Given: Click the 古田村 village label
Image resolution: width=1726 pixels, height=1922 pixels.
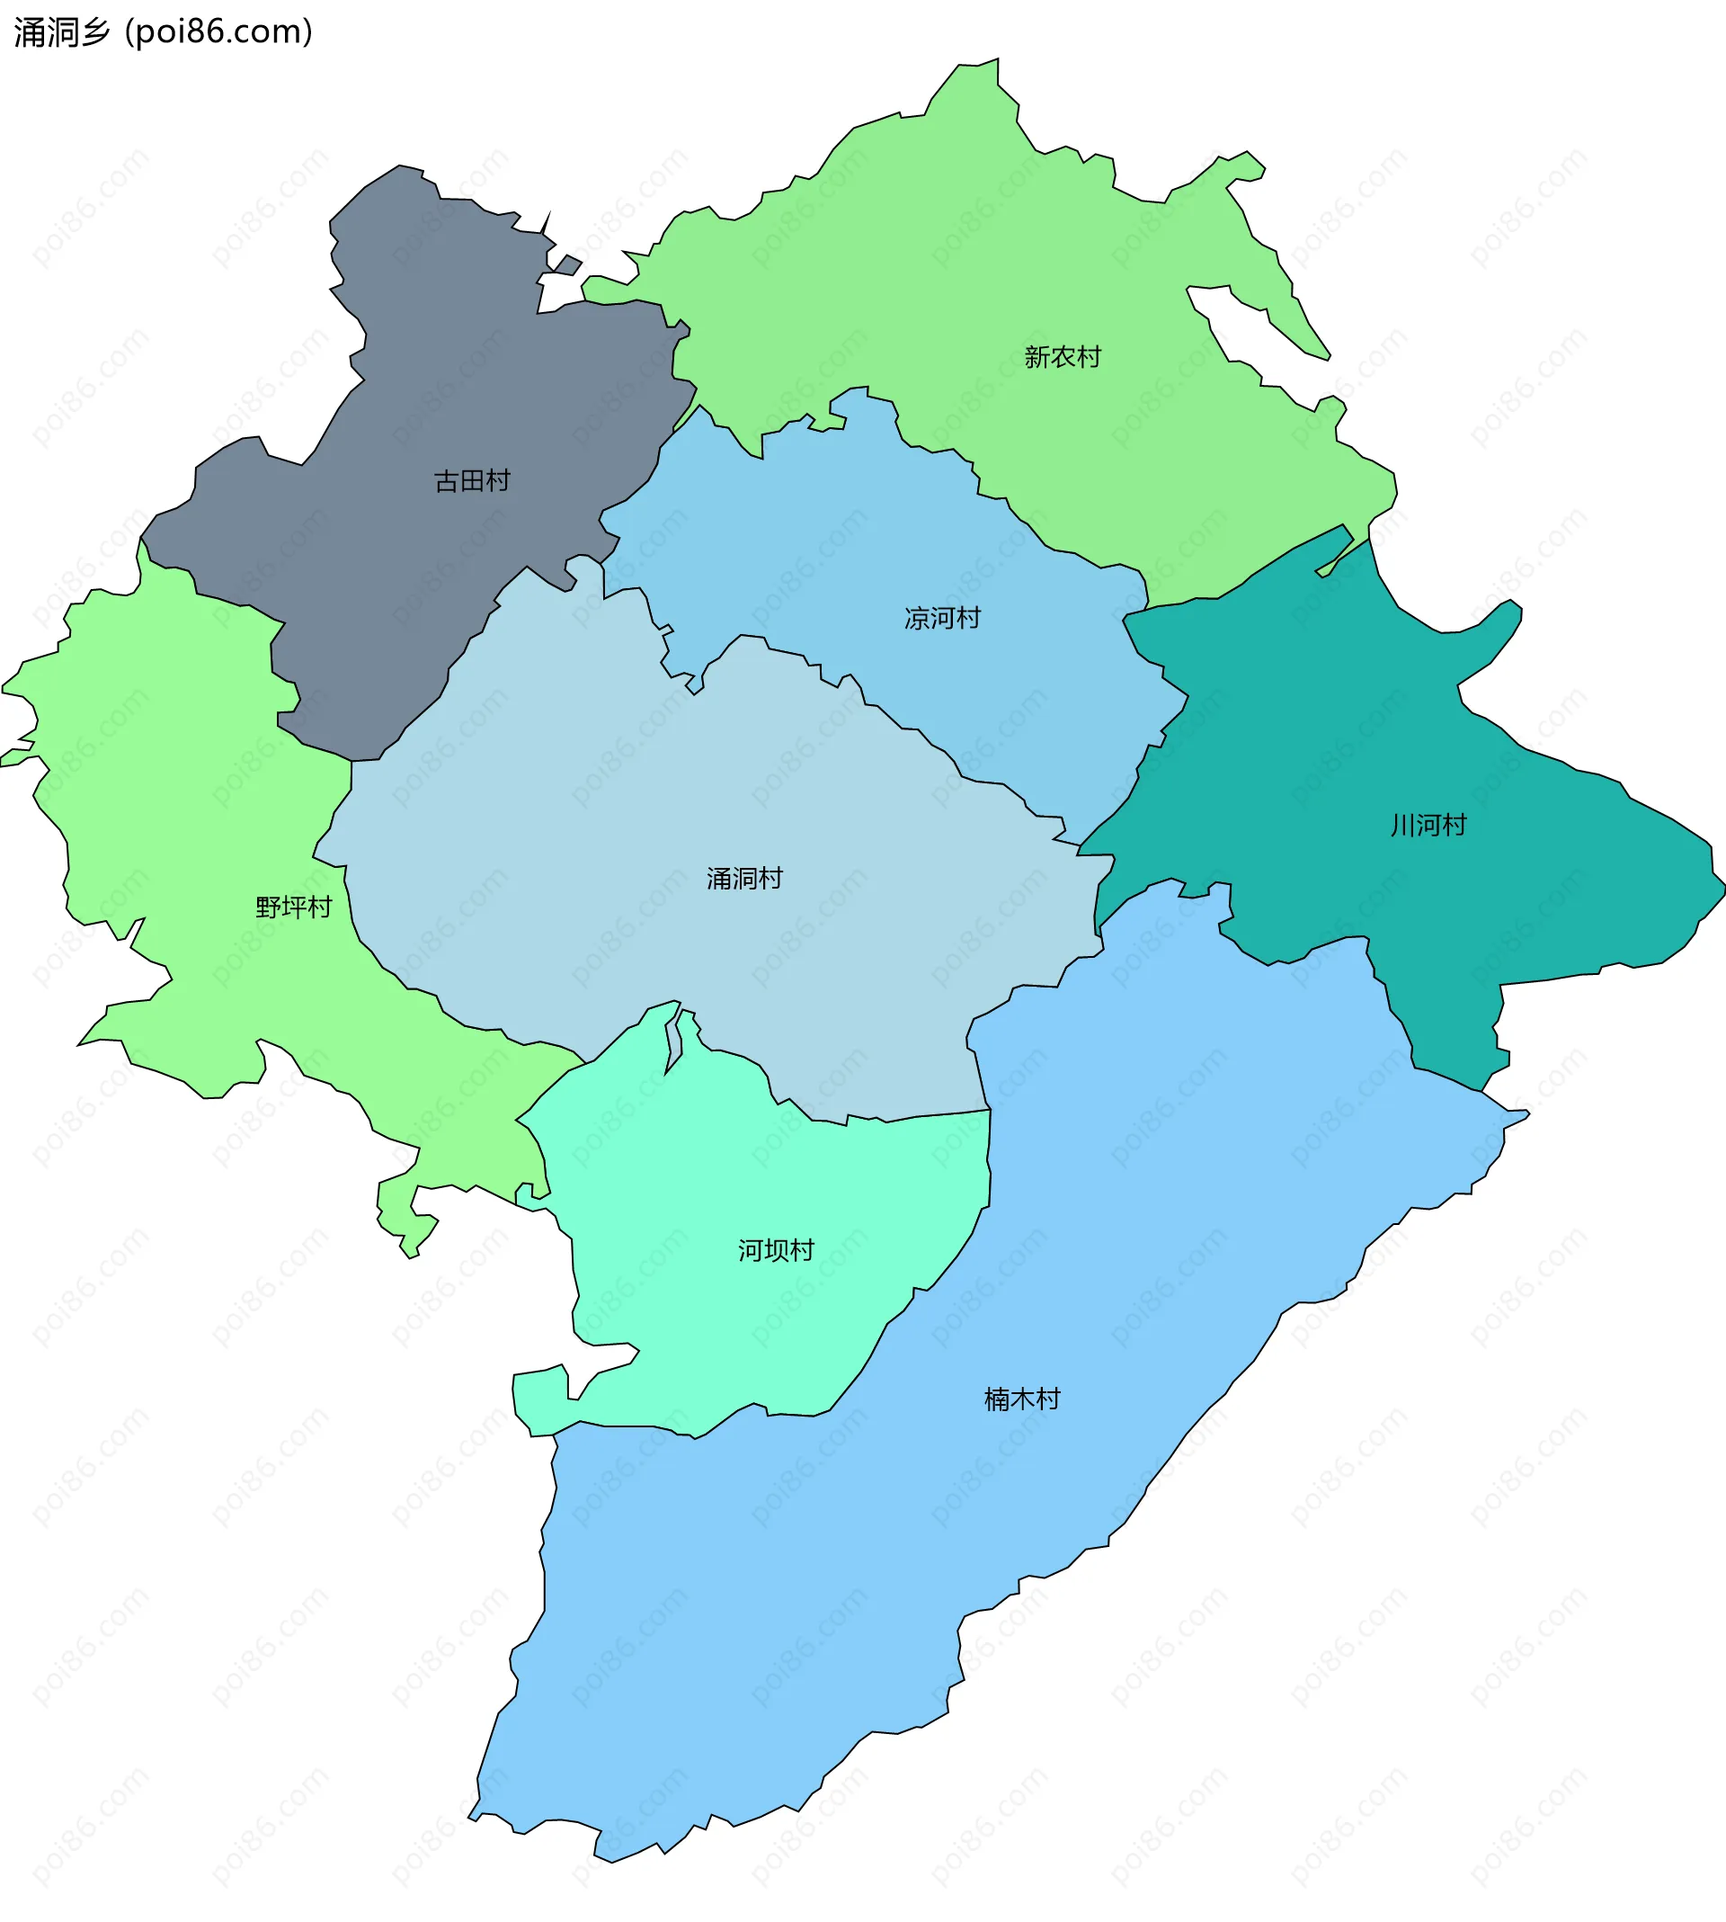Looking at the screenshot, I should [x=472, y=481].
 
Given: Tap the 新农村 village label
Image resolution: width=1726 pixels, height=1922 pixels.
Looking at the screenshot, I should [x=1063, y=357].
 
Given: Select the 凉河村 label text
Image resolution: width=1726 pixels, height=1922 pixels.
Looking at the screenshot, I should [x=942, y=619].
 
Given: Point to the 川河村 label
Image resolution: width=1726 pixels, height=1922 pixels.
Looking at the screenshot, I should [x=1428, y=826].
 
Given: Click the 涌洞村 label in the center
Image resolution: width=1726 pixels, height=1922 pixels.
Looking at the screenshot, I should [x=744, y=879].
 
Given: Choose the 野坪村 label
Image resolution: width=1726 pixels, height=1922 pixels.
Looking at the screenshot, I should [x=294, y=907].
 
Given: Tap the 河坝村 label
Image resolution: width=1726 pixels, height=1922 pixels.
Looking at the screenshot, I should [x=776, y=1250].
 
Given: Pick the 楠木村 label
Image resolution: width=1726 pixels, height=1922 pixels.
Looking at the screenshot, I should [x=1022, y=1399].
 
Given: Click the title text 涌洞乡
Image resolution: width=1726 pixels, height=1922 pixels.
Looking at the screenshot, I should [x=62, y=32].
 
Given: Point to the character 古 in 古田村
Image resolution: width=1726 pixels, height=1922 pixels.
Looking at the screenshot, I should [x=447, y=481].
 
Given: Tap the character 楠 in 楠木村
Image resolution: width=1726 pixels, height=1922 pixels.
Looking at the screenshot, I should [x=997, y=1399].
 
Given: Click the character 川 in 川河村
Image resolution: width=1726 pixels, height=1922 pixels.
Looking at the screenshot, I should [x=1402, y=826].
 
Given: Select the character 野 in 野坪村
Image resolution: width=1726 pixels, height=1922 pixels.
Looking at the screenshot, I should [x=269, y=907].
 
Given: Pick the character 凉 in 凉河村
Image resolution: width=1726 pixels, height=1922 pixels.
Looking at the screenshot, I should [x=916, y=619].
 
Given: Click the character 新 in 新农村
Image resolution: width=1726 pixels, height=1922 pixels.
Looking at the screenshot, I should [x=1036, y=357].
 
